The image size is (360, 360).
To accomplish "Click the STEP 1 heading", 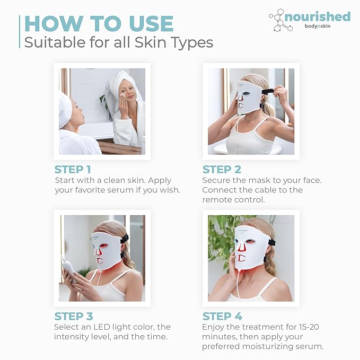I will coord(76,170).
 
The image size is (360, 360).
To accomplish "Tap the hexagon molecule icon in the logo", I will coord(281,20).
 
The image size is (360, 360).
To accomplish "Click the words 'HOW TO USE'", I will coord(99,24).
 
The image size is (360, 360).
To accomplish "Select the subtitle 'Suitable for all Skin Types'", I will coord(119,42).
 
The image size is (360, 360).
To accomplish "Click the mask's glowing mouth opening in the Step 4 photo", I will coord(241,258).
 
